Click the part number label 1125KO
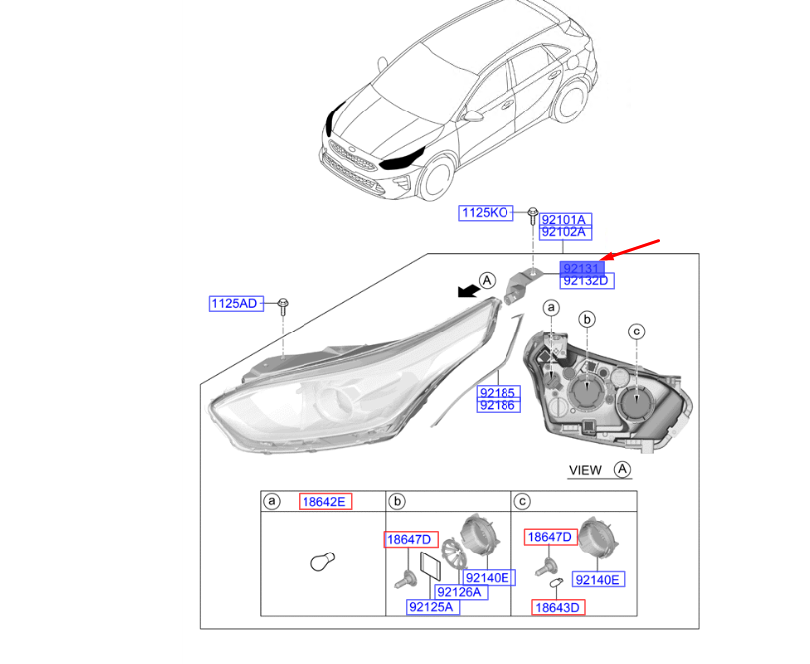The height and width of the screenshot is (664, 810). [x=486, y=212]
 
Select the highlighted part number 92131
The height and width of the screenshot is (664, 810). [x=582, y=268]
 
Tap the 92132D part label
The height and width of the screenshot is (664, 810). [x=587, y=281]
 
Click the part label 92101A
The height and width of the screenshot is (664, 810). [x=565, y=220]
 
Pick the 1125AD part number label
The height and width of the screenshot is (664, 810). [x=236, y=303]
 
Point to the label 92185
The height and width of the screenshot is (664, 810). [x=498, y=392]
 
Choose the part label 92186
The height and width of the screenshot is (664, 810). [x=498, y=405]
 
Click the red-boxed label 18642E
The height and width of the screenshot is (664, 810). [x=325, y=501]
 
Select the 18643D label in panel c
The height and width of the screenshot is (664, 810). [x=558, y=607]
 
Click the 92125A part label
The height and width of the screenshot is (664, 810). [x=432, y=607]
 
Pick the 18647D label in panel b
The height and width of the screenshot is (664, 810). [x=411, y=539]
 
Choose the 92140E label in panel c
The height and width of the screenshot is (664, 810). [x=598, y=580]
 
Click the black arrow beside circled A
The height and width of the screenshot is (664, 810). [x=469, y=291]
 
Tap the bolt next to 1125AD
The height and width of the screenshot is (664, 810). [x=283, y=306]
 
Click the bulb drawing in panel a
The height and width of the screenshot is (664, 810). [x=323, y=561]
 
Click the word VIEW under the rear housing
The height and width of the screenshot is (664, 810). [x=585, y=470]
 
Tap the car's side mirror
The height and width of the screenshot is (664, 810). [x=474, y=115]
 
